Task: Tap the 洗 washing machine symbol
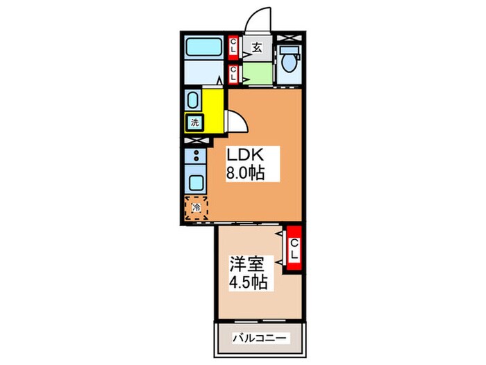[193, 123]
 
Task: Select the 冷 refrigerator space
[196, 206]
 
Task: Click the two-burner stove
[196, 158]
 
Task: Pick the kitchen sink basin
[196, 184]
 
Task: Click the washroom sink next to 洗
[193, 100]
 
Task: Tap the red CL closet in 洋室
[294, 249]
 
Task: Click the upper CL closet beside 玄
[234, 48]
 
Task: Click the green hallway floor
[257, 73]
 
